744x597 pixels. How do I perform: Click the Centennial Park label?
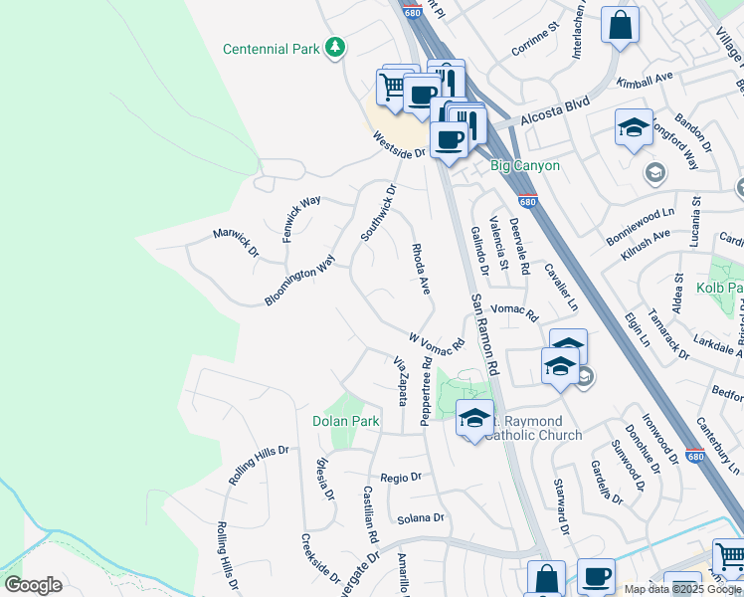272,49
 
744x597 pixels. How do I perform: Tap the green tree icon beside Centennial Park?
337,48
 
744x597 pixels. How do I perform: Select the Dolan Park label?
345,421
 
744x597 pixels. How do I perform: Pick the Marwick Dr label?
236,241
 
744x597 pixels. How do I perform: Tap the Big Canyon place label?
525,165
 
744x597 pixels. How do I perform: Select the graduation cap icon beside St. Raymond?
474,417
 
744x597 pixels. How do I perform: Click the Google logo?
33,584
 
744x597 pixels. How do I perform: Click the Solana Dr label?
420,518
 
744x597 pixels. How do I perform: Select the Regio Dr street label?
401,478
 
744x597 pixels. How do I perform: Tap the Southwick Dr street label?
379,212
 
